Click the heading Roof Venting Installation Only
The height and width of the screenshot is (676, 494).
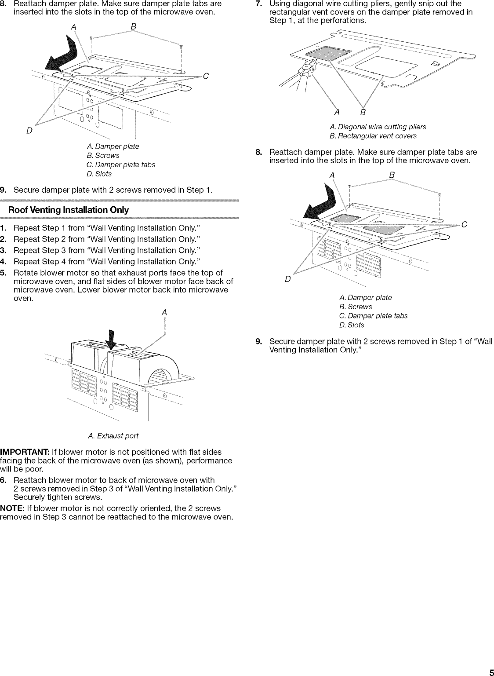tap(69, 210)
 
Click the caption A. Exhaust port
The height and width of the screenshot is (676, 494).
tap(113, 436)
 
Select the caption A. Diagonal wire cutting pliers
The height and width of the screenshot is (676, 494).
tap(378, 127)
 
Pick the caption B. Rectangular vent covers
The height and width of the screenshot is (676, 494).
tap(373, 136)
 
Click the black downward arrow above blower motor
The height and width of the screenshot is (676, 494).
tap(112, 337)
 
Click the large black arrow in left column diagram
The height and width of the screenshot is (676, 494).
tap(64, 55)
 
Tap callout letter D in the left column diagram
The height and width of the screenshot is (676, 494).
tap(29, 131)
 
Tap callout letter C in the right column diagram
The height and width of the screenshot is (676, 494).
tap(464, 224)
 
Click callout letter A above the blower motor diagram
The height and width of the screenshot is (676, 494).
tap(164, 312)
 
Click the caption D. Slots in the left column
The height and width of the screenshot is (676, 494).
tap(99, 174)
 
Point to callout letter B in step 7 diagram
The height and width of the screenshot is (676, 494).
tap(363, 113)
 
